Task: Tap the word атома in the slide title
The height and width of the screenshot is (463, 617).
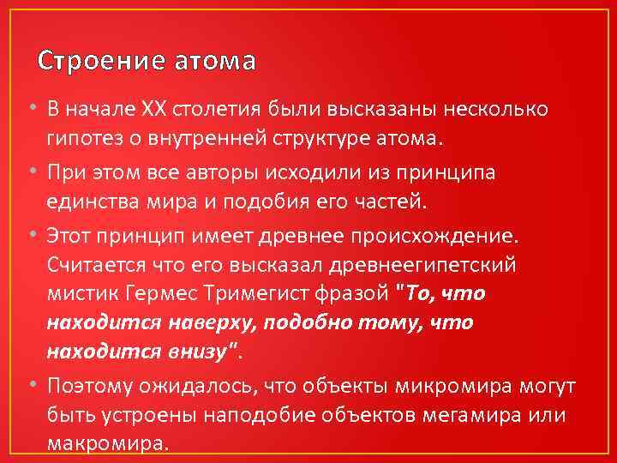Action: click(x=214, y=62)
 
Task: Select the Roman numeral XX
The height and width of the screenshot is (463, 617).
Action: click(x=155, y=110)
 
